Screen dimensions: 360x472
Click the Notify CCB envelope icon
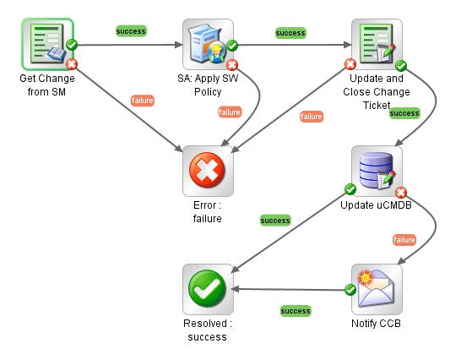(x=377, y=289)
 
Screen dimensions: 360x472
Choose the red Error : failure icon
(x=208, y=172)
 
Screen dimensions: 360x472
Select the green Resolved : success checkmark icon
(x=208, y=289)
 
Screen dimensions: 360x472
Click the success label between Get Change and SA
(x=131, y=31)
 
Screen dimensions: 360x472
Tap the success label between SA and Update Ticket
(x=290, y=33)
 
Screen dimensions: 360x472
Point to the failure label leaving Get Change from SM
(x=143, y=101)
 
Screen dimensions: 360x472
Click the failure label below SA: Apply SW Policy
(x=230, y=112)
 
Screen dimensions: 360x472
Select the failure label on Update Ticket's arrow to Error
(x=312, y=117)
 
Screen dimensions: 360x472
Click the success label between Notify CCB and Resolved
(x=295, y=311)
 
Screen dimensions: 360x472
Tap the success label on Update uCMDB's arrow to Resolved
(x=275, y=221)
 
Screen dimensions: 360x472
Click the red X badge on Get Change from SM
(x=71, y=63)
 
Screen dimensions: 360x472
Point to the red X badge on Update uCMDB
(x=401, y=192)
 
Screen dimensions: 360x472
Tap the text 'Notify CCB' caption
(x=377, y=324)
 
